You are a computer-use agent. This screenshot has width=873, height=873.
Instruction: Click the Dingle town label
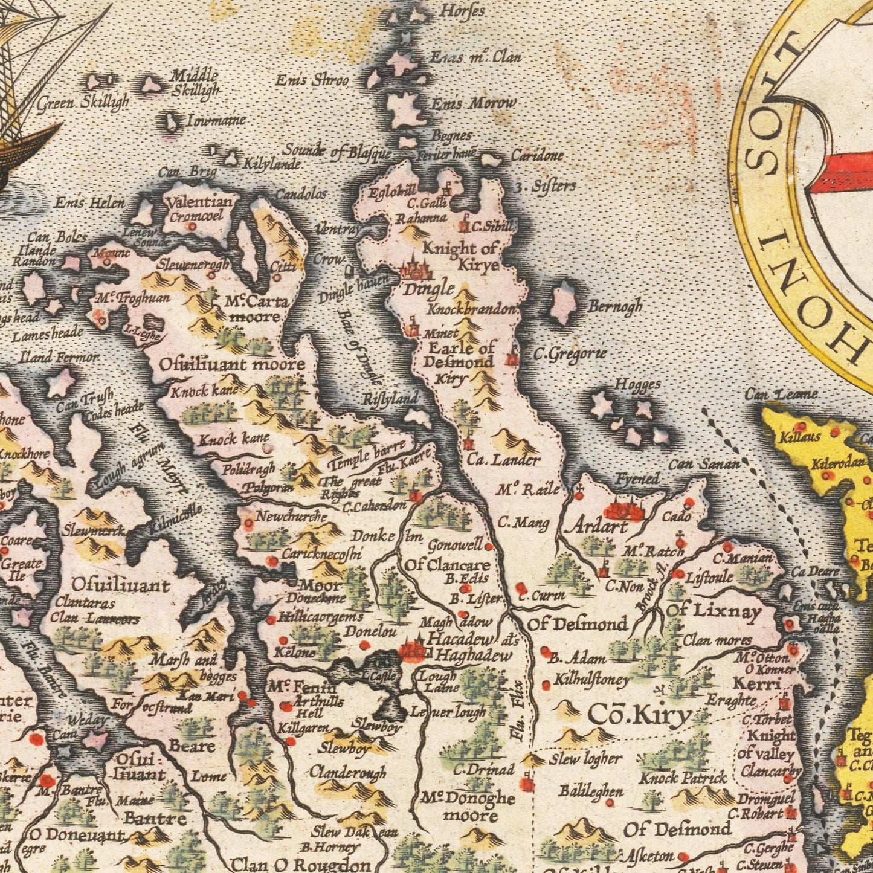[x=428, y=288]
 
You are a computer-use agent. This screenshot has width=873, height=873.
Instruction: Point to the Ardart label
[x=596, y=526]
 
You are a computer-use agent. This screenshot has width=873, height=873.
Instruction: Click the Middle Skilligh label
[x=195, y=83]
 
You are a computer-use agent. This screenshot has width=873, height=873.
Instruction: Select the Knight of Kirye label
[x=460, y=256]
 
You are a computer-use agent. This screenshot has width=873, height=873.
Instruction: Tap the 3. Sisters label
[x=545, y=186]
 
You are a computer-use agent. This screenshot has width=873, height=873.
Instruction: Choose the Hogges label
[x=637, y=384]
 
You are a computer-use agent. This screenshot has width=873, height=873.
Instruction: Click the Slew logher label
[x=585, y=759]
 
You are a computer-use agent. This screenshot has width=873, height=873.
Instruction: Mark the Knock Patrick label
[x=683, y=778]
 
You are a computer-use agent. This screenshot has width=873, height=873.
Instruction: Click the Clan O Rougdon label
[x=300, y=865]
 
